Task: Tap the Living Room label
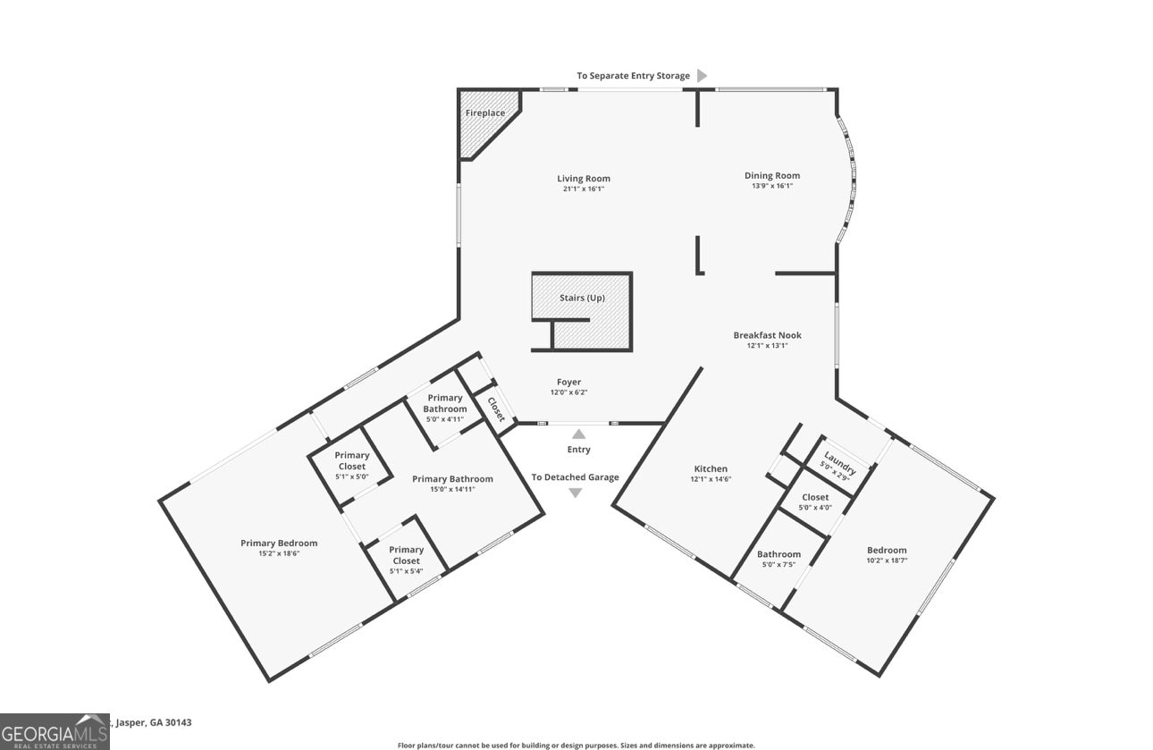coord(584,179)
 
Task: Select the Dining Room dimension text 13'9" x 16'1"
coord(772,187)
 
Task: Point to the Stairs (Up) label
coord(582,298)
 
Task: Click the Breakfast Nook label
coord(767,335)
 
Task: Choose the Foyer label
coord(568,383)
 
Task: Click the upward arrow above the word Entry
coord(578,434)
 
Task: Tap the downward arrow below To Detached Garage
coord(575,493)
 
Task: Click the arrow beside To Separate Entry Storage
coord(703,76)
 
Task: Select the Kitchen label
coord(711,468)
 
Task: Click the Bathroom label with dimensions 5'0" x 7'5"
coord(778,554)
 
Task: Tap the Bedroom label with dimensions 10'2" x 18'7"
coord(887,550)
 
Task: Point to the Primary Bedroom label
coord(279,543)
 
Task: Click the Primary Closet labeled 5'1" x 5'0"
coord(351,460)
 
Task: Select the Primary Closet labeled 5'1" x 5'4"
coord(406,555)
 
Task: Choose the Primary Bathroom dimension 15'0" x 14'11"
coord(452,490)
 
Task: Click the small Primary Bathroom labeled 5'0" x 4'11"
coord(445,403)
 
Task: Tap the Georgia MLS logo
coord(55,731)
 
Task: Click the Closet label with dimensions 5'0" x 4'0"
coord(815,497)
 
